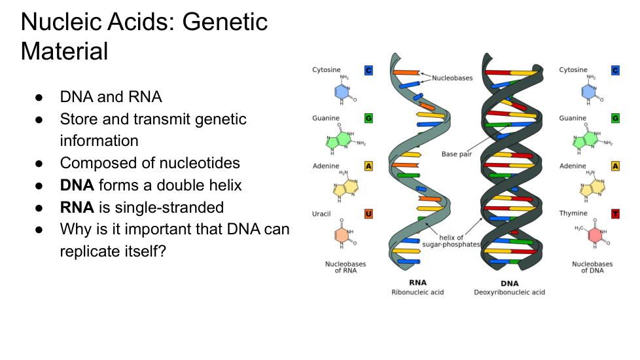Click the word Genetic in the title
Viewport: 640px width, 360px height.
[x=224, y=22]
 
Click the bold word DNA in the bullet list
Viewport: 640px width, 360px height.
[x=77, y=185]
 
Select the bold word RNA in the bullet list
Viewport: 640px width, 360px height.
[x=77, y=207]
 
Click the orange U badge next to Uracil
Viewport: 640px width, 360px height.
[x=368, y=213]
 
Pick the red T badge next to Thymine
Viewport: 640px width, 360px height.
[x=615, y=213]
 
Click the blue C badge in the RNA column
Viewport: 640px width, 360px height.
[x=368, y=70]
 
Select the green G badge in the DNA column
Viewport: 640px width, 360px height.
[x=615, y=118]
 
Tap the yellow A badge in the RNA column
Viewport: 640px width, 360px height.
[x=368, y=166]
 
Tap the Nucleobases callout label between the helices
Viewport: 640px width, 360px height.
[x=452, y=78]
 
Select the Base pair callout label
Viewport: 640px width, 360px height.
[x=457, y=154]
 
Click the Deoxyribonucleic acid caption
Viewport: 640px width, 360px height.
[x=509, y=292]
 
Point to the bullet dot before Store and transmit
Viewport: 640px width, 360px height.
[x=39, y=120]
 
